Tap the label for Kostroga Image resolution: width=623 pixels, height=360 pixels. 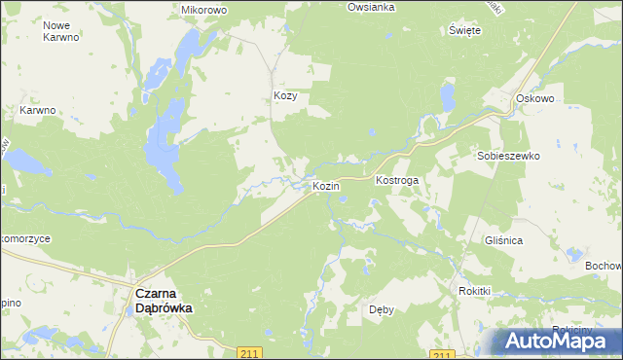396,182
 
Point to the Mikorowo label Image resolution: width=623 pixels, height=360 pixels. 203,10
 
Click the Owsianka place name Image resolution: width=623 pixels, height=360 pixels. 371,7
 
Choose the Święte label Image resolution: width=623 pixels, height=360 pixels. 465,30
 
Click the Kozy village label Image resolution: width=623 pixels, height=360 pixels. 284,96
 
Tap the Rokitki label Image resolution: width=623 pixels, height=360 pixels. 474,291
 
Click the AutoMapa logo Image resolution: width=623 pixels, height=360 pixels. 554,341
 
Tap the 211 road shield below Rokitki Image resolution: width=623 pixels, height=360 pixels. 443,355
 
